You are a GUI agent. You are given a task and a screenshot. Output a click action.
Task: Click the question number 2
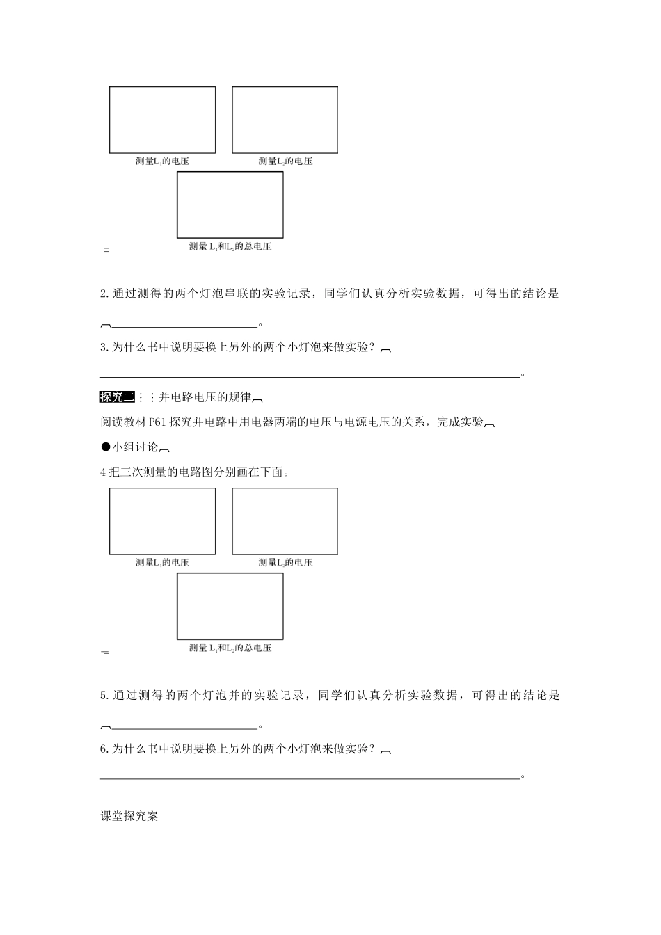[104, 294]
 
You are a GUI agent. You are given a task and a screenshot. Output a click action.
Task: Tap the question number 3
[104, 347]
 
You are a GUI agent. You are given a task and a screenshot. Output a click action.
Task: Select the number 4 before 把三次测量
[104, 472]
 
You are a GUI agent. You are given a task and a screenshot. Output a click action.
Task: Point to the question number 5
[104, 695]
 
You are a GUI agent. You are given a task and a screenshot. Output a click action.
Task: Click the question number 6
[104, 749]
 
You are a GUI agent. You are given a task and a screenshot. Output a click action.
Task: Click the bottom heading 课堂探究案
[129, 816]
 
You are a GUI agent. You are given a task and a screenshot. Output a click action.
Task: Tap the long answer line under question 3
[310, 376]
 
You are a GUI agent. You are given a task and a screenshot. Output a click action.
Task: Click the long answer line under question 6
[310, 778]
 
